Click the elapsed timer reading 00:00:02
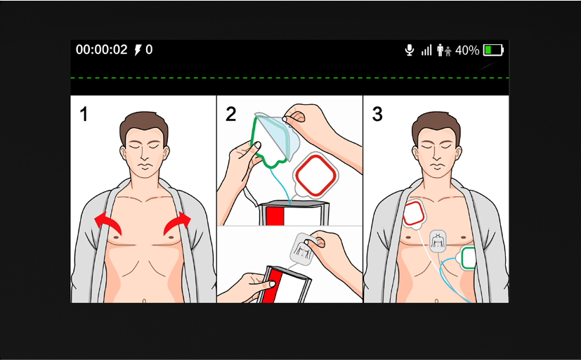click(102, 50)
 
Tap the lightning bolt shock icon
click(138, 50)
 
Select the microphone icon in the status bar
click(410, 50)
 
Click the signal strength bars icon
click(426, 51)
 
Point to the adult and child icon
click(444, 50)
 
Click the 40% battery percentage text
click(467, 50)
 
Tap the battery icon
click(493, 50)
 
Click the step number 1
click(84, 114)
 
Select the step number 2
click(230, 114)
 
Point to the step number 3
click(377, 114)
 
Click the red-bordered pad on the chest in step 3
click(414, 214)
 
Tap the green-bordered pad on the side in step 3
click(468, 258)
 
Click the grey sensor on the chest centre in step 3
click(438, 241)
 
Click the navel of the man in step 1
click(144, 301)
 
